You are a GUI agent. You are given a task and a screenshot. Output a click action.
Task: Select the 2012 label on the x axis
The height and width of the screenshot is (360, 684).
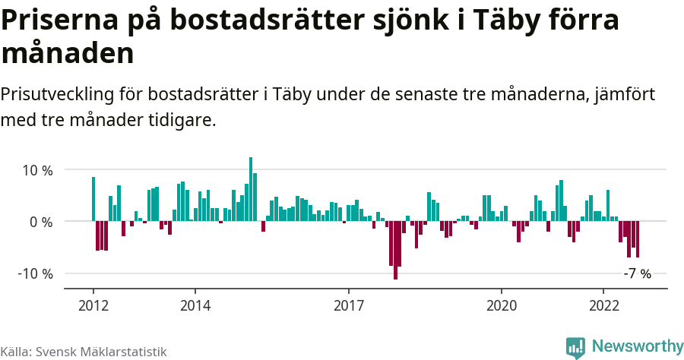(93, 305)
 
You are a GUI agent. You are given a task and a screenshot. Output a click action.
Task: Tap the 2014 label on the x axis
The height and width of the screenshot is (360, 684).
(195, 305)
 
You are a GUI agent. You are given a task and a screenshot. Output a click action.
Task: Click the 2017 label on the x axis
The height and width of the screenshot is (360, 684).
(348, 305)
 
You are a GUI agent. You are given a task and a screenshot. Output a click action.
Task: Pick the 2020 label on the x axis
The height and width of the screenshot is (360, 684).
(502, 305)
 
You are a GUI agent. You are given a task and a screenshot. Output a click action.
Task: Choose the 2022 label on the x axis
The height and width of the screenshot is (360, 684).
(603, 305)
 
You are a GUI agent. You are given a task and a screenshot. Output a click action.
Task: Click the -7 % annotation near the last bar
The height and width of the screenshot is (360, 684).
(637, 274)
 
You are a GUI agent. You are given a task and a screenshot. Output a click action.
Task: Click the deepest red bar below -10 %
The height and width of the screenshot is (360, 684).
(395, 250)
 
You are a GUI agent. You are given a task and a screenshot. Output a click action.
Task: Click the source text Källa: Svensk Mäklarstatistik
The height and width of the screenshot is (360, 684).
(83, 352)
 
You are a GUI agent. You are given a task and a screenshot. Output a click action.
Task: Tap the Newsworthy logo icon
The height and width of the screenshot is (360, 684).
(576, 347)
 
